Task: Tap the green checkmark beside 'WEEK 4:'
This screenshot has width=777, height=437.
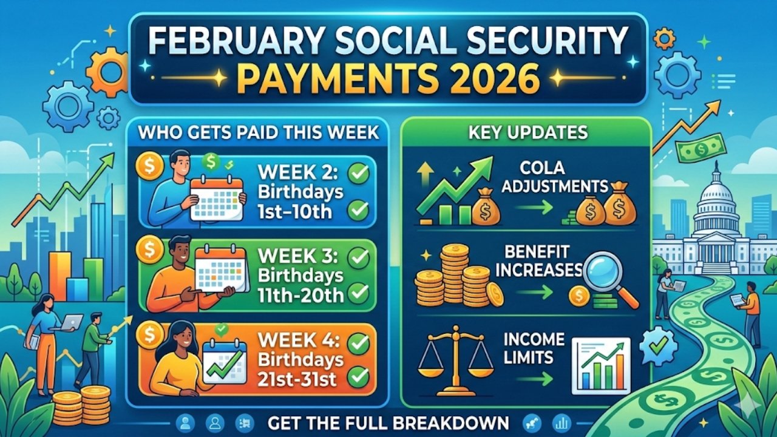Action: (359, 344)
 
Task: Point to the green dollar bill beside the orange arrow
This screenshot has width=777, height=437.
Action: (696, 150)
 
